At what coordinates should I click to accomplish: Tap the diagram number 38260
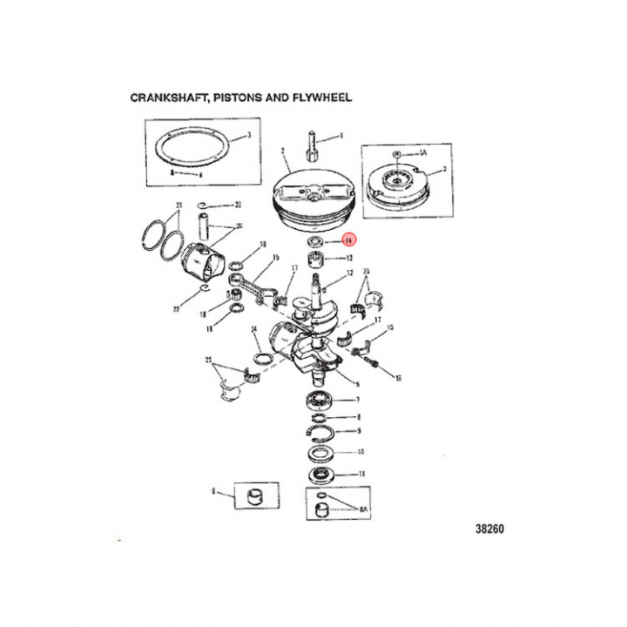pyautogui.click(x=490, y=529)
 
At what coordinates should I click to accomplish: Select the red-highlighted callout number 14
pyautogui.click(x=347, y=241)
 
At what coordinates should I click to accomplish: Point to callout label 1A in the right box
pyautogui.click(x=424, y=152)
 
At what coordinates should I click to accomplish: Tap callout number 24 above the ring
pyautogui.click(x=253, y=329)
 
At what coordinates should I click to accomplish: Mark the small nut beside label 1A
pyautogui.click(x=397, y=155)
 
